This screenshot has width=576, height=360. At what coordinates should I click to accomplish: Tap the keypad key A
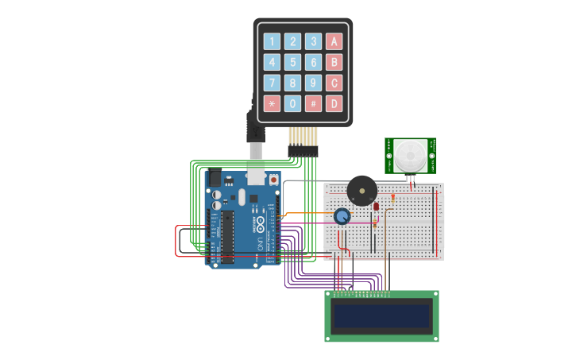coord(334,41)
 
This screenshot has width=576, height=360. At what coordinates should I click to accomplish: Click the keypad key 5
coord(293,62)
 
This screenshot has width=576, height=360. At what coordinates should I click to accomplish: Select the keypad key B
coord(334,62)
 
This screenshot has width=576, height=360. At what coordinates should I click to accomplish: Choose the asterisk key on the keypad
coord(273,103)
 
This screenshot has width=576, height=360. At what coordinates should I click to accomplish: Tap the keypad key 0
coord(293,103)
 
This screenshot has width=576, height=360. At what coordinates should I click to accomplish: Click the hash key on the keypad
coord(314,103)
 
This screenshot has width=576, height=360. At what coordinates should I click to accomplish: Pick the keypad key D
coord(334,103)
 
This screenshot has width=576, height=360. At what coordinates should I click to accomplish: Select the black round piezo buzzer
coord(361,191)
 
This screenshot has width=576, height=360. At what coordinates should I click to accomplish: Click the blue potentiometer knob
coord(342,216)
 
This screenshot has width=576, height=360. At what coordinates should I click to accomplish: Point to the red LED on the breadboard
coord(377,207)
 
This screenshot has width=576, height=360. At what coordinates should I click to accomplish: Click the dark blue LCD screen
coord(381,316)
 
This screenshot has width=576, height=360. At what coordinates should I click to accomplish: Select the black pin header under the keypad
coord(302,149)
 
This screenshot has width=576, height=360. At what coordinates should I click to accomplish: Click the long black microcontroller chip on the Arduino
coord(228,237)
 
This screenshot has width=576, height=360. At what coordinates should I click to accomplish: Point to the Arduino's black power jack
coord(214,179)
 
